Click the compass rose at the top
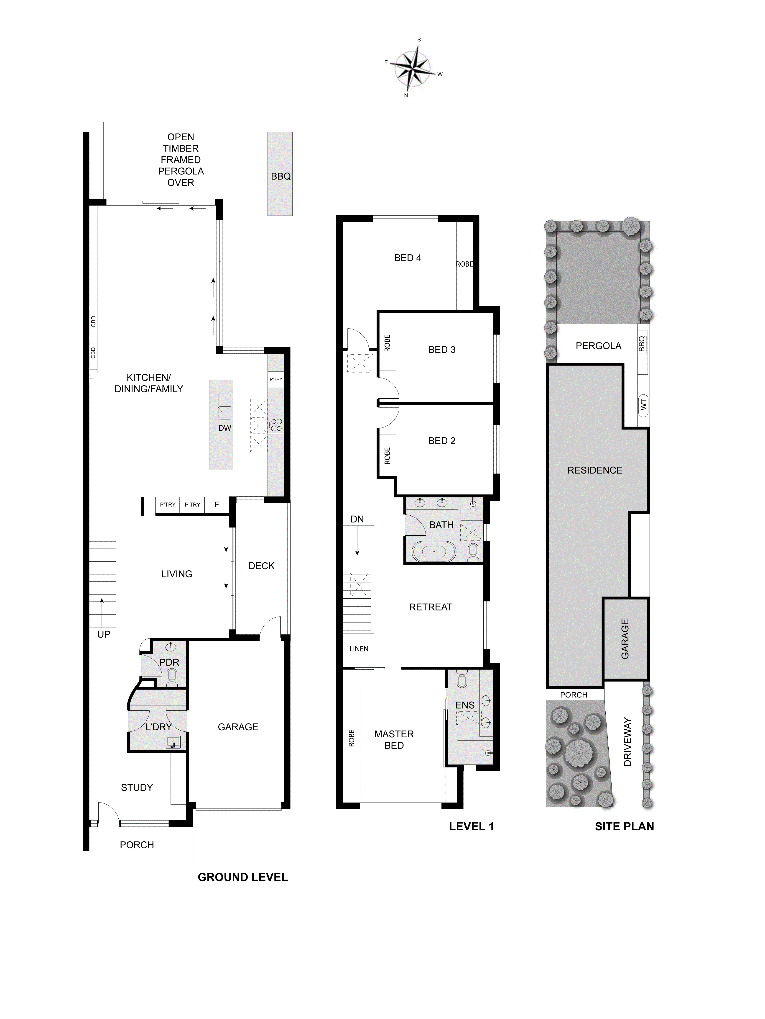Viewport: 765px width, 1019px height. coord(413,68)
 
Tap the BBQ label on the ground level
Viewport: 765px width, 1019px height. coord(280,176)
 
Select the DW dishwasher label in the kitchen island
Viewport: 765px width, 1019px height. coord(225,428)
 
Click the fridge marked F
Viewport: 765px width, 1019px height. coord(217,504)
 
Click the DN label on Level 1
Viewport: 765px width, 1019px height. coord(357,519)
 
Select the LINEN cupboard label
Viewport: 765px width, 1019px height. coord(359,649)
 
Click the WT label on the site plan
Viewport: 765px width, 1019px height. coord(643,404)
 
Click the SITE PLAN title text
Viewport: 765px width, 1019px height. coord(624,826)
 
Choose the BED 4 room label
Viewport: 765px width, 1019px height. coord(407,258)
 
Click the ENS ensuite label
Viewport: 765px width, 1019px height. coord(464,705)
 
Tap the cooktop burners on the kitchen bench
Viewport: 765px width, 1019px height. coord(276,424)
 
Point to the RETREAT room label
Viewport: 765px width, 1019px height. coord(430,607)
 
